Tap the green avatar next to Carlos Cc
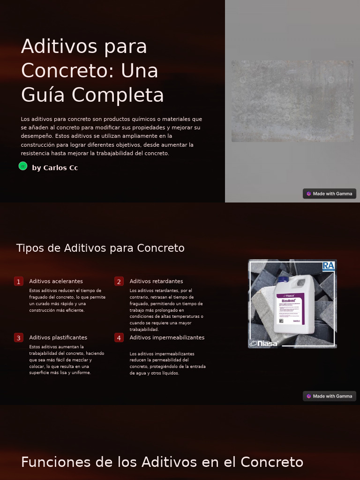pos(23,166)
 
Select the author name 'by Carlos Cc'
pos(55,168)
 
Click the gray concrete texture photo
pos(292,101)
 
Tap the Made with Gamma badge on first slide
pos(330,194)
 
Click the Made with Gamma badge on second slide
pos(330,396)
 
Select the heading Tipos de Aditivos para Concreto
pos(100,248)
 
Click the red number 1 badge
pos(19,281)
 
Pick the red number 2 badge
pos(119,281)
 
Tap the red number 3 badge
pos(19,337)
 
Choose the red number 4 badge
pos(119,337)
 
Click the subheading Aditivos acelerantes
pos(56,281)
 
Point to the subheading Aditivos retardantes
pos(156,281)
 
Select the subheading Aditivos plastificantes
pos(58,337)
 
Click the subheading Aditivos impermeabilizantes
pos(167,337)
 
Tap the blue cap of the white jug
pos(283,280)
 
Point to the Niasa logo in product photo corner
pos(264,344)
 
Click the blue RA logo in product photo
pos(329,266)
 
